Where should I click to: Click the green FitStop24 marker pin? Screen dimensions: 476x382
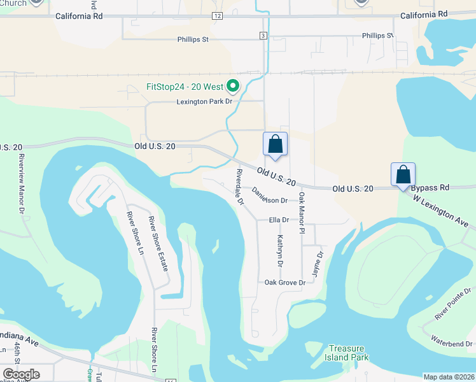click(233, 85)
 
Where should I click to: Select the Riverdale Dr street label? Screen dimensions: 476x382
click(240, 187)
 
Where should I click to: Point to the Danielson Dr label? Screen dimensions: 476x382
click(270, 195)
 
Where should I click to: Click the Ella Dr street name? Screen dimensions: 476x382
click(279, 220)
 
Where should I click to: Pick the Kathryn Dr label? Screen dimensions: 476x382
click(280, 250)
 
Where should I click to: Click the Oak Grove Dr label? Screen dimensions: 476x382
click(285, 282)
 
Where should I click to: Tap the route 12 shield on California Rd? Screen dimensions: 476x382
click(218, 15)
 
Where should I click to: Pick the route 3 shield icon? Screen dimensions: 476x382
click(263, 36)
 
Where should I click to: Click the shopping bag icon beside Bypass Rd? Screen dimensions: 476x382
click(403, 174)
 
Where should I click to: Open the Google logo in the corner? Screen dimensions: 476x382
click(21, 374)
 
